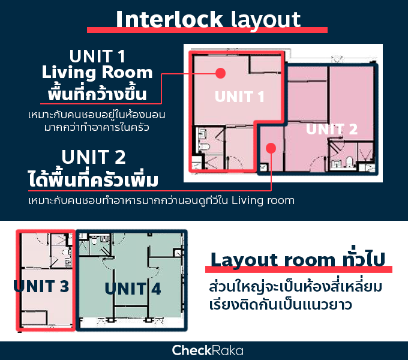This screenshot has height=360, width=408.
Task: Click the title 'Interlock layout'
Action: (x=208, y=20)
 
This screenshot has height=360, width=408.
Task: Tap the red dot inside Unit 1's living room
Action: (x=220, y=73)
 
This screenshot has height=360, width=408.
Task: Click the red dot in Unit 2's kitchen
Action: (x=271, y=148)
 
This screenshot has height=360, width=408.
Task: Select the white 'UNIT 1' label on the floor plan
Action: (x=239, y=97)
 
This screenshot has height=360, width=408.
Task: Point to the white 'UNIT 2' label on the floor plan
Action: (x=332, y=129)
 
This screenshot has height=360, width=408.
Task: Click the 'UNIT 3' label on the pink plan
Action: (x=41, y=286)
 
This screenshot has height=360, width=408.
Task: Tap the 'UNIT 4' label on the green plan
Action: (x=133, y=289)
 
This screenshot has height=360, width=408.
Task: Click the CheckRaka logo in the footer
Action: (x=208, y=350)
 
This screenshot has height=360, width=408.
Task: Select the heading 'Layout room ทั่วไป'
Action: (x=298, y=260)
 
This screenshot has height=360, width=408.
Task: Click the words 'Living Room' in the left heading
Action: (x=97, y=72)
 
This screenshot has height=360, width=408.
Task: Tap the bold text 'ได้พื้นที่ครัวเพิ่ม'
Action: (x=93, y=179)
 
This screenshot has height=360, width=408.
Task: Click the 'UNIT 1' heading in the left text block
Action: (x=97, y=56)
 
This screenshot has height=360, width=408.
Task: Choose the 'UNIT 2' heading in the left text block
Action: (x=94, y=157)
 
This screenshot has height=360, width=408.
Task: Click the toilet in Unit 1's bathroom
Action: (x=204, y=146)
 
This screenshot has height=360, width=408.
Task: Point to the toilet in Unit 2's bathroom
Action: (x=349, y=161)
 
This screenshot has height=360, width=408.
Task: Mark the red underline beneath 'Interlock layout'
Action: (x=207, y=30)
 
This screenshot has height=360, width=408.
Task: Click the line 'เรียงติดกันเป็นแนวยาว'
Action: (x=281, y=304)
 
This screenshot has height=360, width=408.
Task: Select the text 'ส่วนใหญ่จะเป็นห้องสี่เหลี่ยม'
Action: (x=296, y=286)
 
